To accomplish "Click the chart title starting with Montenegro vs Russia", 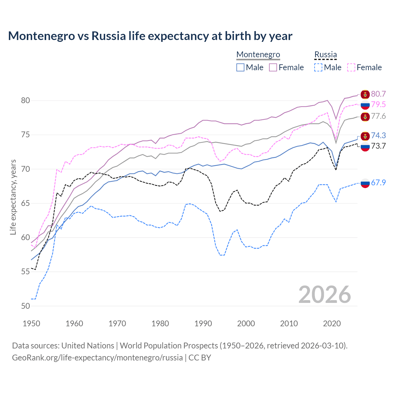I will pyautogui.click(x=150, y=36).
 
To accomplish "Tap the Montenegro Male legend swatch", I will pyautogui.click(x=240, y=67).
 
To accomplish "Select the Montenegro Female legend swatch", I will pyautogui.click(x=273, y=67).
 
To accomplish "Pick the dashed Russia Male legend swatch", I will pyautogui.click(x=318, y=67).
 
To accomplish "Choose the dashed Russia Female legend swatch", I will pyautogui.click(x=351, y=67).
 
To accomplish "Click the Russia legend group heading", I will pyautogui.click(x=325, y=54).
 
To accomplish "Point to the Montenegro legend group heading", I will pyautogui.click(x=258, y=54).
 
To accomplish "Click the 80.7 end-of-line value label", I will pyautogui.click(x=378, y=94).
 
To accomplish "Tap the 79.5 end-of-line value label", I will pyautogui.click(x=378, y=105).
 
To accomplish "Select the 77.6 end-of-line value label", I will pyautogui.click(x=378, y=116).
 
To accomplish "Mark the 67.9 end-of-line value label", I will pyautogui.click(x=378, y=183).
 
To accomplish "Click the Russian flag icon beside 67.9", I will pyautogui.click(x=365, y=183).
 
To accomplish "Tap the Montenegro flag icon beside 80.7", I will pyautogui.click(x=365, y=94).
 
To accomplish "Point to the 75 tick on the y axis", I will pyautogui.click(x=26, y=135).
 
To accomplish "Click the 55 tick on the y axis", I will pyautogui.click(x=26, y=272).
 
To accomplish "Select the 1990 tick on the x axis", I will pyautogui.click(x=203, y=324).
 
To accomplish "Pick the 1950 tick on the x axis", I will pyautogui.click(x=31, y=324).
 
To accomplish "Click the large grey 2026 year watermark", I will pyautogui.click(x=324, y=295).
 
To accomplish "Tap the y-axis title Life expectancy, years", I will pyautogui.click(x=13, y=197).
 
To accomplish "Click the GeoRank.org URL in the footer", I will pyautogui.click(x=97, y=358).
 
